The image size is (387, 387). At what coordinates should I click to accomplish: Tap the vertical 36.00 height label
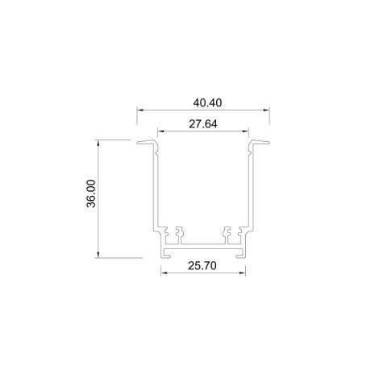(91, 194)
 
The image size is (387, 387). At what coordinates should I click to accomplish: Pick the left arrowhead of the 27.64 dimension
(160, 131)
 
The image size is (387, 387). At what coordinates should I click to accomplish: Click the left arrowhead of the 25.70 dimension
(163, 273)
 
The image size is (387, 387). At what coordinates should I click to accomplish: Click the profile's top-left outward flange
(146, 145)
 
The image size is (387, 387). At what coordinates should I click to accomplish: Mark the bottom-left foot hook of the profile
(164, 253)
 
